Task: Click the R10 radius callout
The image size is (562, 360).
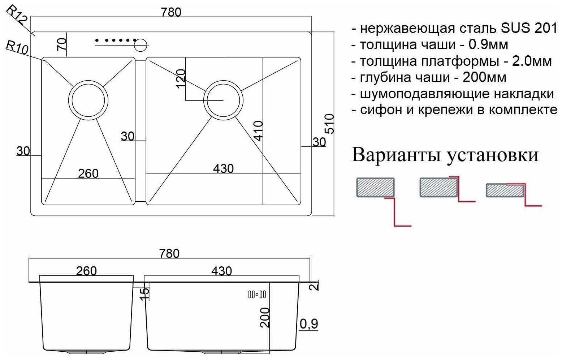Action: coord(17,47)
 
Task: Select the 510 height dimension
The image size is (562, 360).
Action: coord(329,124)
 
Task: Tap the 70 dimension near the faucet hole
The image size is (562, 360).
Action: coord(62,44)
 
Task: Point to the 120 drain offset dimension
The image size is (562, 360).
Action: coord(181,78)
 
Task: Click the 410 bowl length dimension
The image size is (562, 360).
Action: coord(258,131)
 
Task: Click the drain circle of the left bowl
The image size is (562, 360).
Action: coord(88,100)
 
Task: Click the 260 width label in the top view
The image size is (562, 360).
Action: coord(88,174)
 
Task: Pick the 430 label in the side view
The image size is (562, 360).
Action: coord(222,271)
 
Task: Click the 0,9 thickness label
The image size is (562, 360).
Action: coord(309,324)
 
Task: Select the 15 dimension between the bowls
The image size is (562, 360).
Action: coord(144,293)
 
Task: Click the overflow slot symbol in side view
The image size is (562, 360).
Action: coord(257,295)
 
